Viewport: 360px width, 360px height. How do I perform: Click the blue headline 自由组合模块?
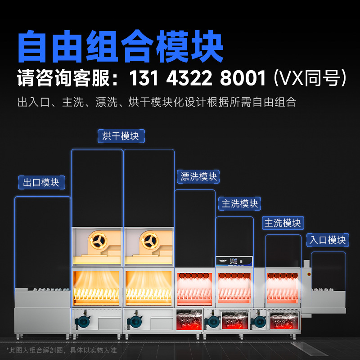coord(121,46)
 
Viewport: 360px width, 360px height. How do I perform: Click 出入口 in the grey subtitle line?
coord(32,102)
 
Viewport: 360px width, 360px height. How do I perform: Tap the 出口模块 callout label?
coord(41,182)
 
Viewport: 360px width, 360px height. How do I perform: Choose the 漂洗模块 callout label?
coord(198,176)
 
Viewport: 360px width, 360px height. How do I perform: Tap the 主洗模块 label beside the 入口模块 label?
coord(283,223)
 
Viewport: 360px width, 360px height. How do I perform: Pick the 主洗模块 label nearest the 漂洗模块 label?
coord(240,203)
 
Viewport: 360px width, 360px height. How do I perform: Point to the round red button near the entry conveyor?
coord(309,274)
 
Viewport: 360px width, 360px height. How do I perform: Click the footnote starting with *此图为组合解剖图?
coord(62,350)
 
